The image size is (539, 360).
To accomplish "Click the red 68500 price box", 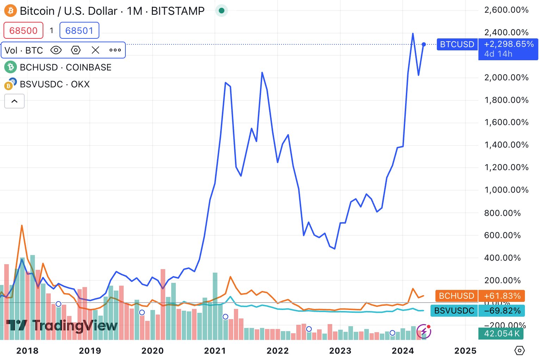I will coord(23,31).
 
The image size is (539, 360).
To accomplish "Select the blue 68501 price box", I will coord(79,31).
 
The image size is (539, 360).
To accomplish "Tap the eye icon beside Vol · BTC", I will coord(56,50).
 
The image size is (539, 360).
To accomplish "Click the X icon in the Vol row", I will coord(95,50).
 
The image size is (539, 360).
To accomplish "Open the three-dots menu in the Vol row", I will coord(115,50).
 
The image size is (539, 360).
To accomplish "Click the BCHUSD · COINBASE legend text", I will coord(66,67).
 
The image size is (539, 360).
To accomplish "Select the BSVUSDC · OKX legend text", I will coord(55,84).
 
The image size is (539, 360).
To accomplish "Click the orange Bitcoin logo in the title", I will coord(10,11).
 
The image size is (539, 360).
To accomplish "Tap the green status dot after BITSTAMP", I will coord(222,11).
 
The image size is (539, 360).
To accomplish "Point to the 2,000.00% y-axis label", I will coord(506,77).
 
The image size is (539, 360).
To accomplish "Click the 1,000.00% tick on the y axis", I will coord(506,190).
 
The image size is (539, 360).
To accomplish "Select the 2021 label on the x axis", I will coord(215,350).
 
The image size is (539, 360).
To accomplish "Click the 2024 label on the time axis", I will coord(403,350).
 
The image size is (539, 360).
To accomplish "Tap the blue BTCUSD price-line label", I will coord(457,44).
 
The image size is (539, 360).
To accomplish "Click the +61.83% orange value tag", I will coord(502,296).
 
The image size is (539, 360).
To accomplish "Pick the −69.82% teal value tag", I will coord(502,311).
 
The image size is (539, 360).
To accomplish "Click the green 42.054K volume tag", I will coord(501,333).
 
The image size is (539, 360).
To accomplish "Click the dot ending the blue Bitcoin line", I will coord(424,44).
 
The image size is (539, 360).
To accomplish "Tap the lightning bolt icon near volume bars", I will coord(423,331).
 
